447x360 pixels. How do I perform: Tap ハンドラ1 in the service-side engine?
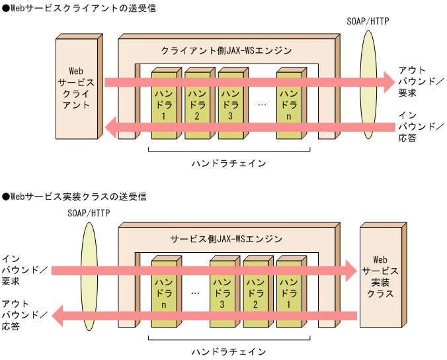(288, 291)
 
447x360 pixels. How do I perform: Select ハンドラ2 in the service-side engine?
(255, 291)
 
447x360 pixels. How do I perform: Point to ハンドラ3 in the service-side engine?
(222, 291)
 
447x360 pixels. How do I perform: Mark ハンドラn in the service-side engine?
(163, 291)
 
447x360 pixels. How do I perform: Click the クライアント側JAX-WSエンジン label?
(226, 50)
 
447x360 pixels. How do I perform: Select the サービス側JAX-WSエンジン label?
(226, 239)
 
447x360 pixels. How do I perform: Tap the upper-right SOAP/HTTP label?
(368, 21)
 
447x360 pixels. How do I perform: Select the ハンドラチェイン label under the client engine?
(228, 162)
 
